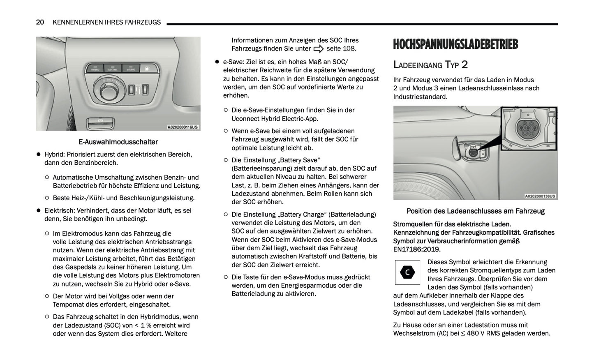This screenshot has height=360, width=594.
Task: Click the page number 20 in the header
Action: [40, 22]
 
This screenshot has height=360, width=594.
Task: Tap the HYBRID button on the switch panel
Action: [95, 69]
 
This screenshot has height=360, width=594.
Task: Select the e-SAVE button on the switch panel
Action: [131, 69]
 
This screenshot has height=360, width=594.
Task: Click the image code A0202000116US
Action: [183, 127]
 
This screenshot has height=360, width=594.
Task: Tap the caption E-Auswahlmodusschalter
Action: [118, 142]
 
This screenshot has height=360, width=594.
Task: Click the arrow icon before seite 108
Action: [319, 49]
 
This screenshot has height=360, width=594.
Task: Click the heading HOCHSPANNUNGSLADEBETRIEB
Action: [455, 44]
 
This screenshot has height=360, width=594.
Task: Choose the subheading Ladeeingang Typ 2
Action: [430, 65]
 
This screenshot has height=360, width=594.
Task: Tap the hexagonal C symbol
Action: [407, 272]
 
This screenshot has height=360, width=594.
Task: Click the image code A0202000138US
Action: [540, 196]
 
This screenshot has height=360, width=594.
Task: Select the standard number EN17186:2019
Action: [417, 249]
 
